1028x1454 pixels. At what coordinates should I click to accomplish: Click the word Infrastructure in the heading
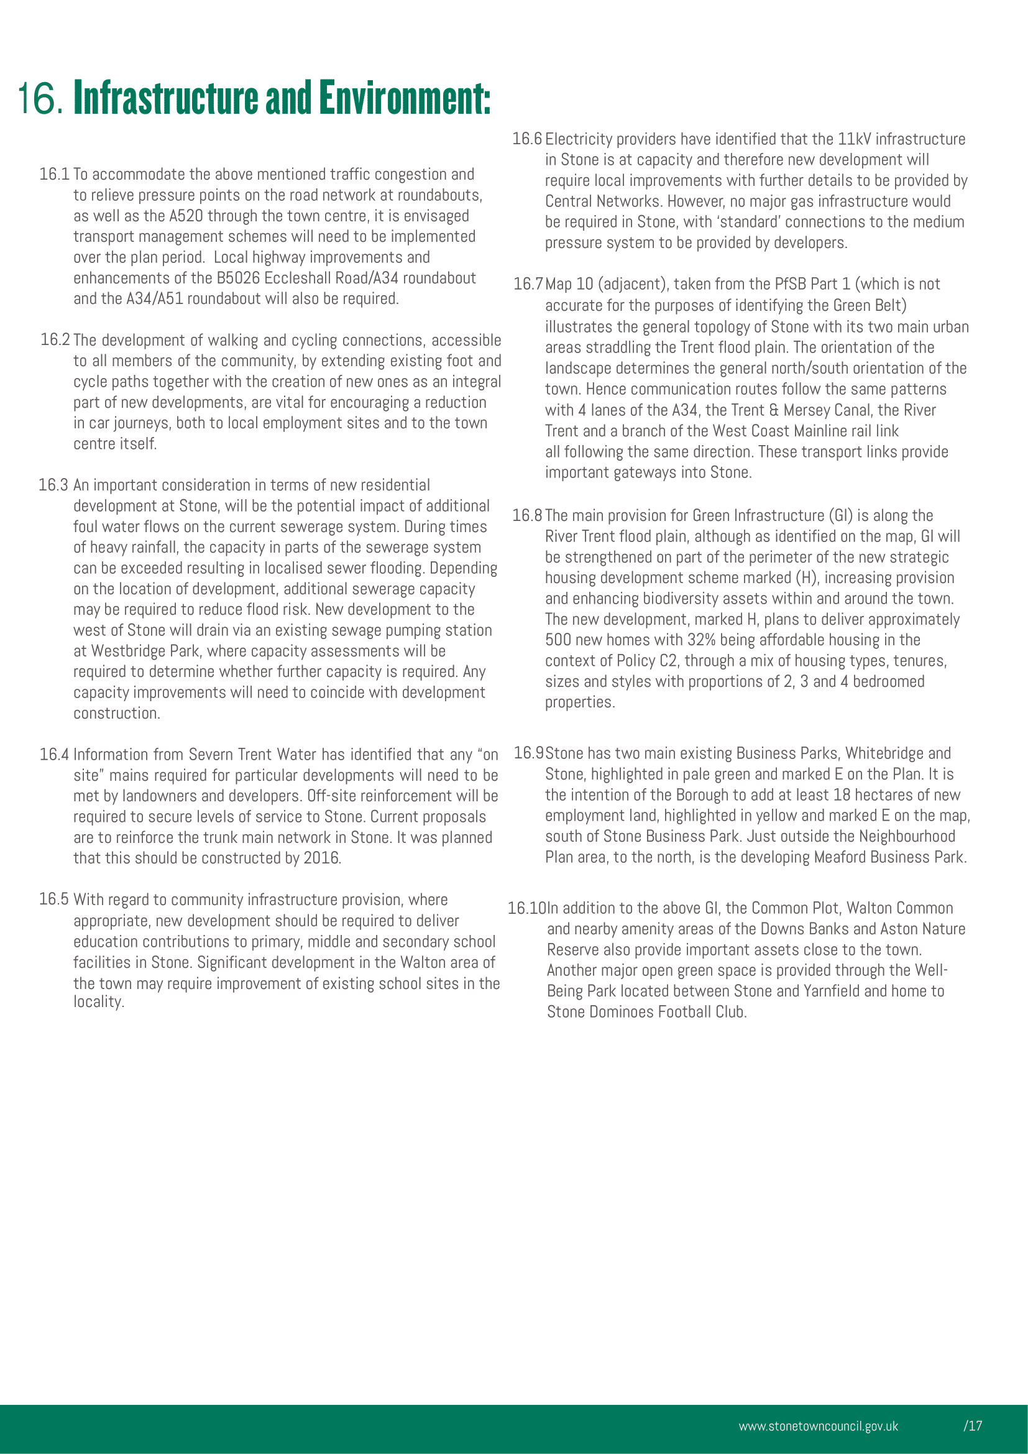tap(167, 98)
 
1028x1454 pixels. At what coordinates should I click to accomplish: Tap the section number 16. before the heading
tap(39, 99)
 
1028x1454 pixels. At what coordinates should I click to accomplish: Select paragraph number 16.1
tap(54, 174)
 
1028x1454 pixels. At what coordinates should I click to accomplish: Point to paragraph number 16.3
tap(53, 485)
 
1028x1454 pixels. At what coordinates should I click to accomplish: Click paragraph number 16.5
tap(54, 900)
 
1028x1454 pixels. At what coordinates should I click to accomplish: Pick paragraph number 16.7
tap(528, 283)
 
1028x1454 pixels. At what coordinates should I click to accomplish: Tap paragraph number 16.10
tap(526, 908)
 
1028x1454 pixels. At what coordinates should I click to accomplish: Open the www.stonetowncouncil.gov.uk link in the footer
tap(818, 1425)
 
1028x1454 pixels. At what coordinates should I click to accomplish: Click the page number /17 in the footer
tap(973, 1425)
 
